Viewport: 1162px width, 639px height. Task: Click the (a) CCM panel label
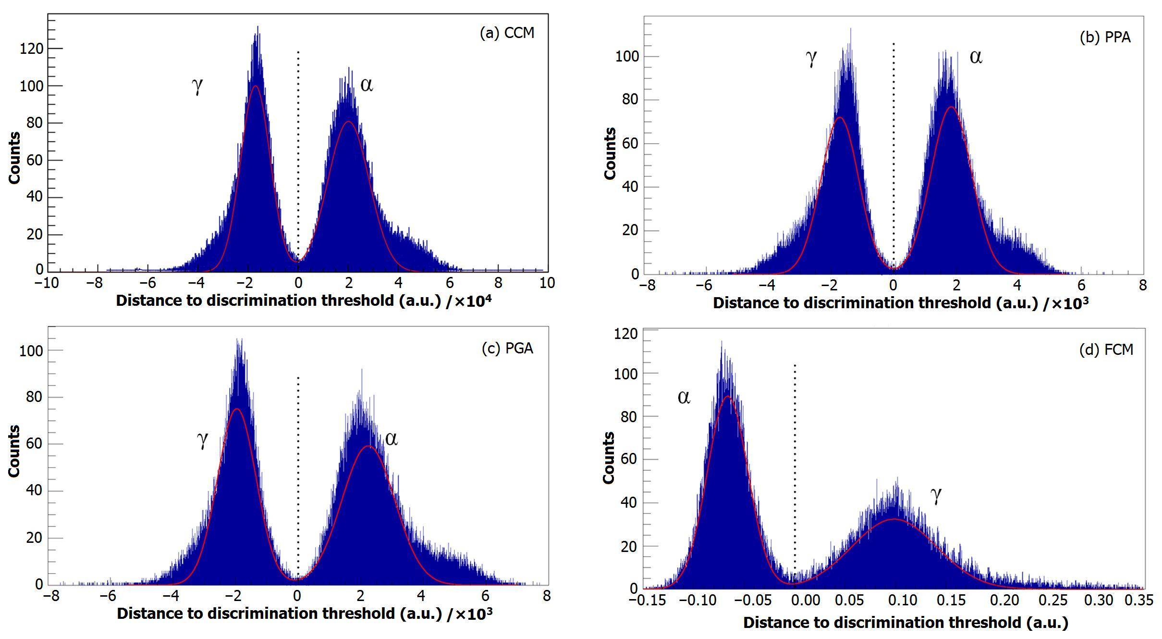(507, 33)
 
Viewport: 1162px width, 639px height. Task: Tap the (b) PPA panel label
(1105, 37)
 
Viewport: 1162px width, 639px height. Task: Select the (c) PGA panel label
(507, 348)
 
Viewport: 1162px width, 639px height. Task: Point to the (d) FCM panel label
(1106, 350)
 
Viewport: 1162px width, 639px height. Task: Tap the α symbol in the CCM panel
(367, 85)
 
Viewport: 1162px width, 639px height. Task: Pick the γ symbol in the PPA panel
(811, 58)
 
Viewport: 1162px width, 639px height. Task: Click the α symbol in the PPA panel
(976, 57)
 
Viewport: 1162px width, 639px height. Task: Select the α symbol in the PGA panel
(391, 439)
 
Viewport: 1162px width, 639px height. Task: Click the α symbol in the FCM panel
(684, 397)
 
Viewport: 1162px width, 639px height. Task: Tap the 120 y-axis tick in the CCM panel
(31, 49)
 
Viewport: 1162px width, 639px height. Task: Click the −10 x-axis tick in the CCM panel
(47, 283)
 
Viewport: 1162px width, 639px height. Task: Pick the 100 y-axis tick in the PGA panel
(31, 351)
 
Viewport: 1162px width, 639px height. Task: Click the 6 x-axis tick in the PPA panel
(1081, 285)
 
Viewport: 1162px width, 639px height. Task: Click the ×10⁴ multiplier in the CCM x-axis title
(473, 301)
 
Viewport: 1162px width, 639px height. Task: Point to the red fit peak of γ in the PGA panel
(236, 409)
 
